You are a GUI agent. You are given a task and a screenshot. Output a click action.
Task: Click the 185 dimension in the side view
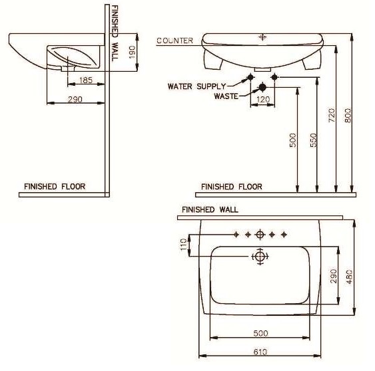[x=85, y=80]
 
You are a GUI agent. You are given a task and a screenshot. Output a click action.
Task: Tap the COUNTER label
[x=175, y=41]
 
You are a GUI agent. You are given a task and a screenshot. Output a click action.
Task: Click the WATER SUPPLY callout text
[x=196, y=86]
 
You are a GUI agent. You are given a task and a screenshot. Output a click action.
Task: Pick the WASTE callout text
[x=226, y=96]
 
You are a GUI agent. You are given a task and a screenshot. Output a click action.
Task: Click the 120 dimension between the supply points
[x=264, y=100]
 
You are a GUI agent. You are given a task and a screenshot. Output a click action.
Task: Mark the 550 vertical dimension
[x=313, y=140]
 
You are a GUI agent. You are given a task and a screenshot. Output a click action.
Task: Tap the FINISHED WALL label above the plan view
[x=210, y=209]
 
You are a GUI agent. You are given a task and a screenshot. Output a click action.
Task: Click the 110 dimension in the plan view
[x=185, y=244]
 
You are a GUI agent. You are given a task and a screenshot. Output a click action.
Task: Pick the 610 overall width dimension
[x=260, y=352]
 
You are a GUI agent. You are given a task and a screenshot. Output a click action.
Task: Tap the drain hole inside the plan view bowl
[x=259, y=256]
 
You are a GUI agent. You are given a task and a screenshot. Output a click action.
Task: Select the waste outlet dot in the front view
[x=262, y=87]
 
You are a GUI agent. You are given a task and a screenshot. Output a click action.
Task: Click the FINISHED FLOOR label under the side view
[x=55, y=187]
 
